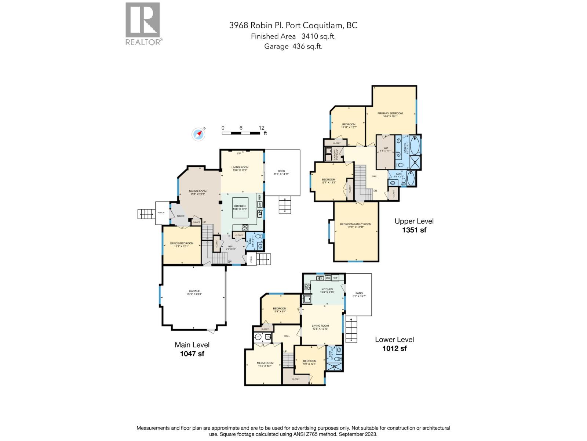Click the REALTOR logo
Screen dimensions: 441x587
pyautogui.click(x=143, y=24)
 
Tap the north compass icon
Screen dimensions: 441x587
pyautogui.click(x=198, y=134)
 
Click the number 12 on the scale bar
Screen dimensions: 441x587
pyautogui.click(x=261, y=128)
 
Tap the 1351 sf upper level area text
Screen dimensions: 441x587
pyautogui.click(x=414, y=230)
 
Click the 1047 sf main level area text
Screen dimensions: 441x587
pyautogui.click(x=192, y=354)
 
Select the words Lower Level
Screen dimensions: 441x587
pyautogui.click(x=394, y=340)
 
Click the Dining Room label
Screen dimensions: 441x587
pyautogui.click(x=198, y=193)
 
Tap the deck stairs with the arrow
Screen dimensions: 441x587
pyautogui.click(x=284, y=205)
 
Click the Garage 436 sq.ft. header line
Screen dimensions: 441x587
pyautogui.click(x=293, y=46)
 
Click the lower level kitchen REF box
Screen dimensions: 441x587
pyautogui.click(x=335, y=278)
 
